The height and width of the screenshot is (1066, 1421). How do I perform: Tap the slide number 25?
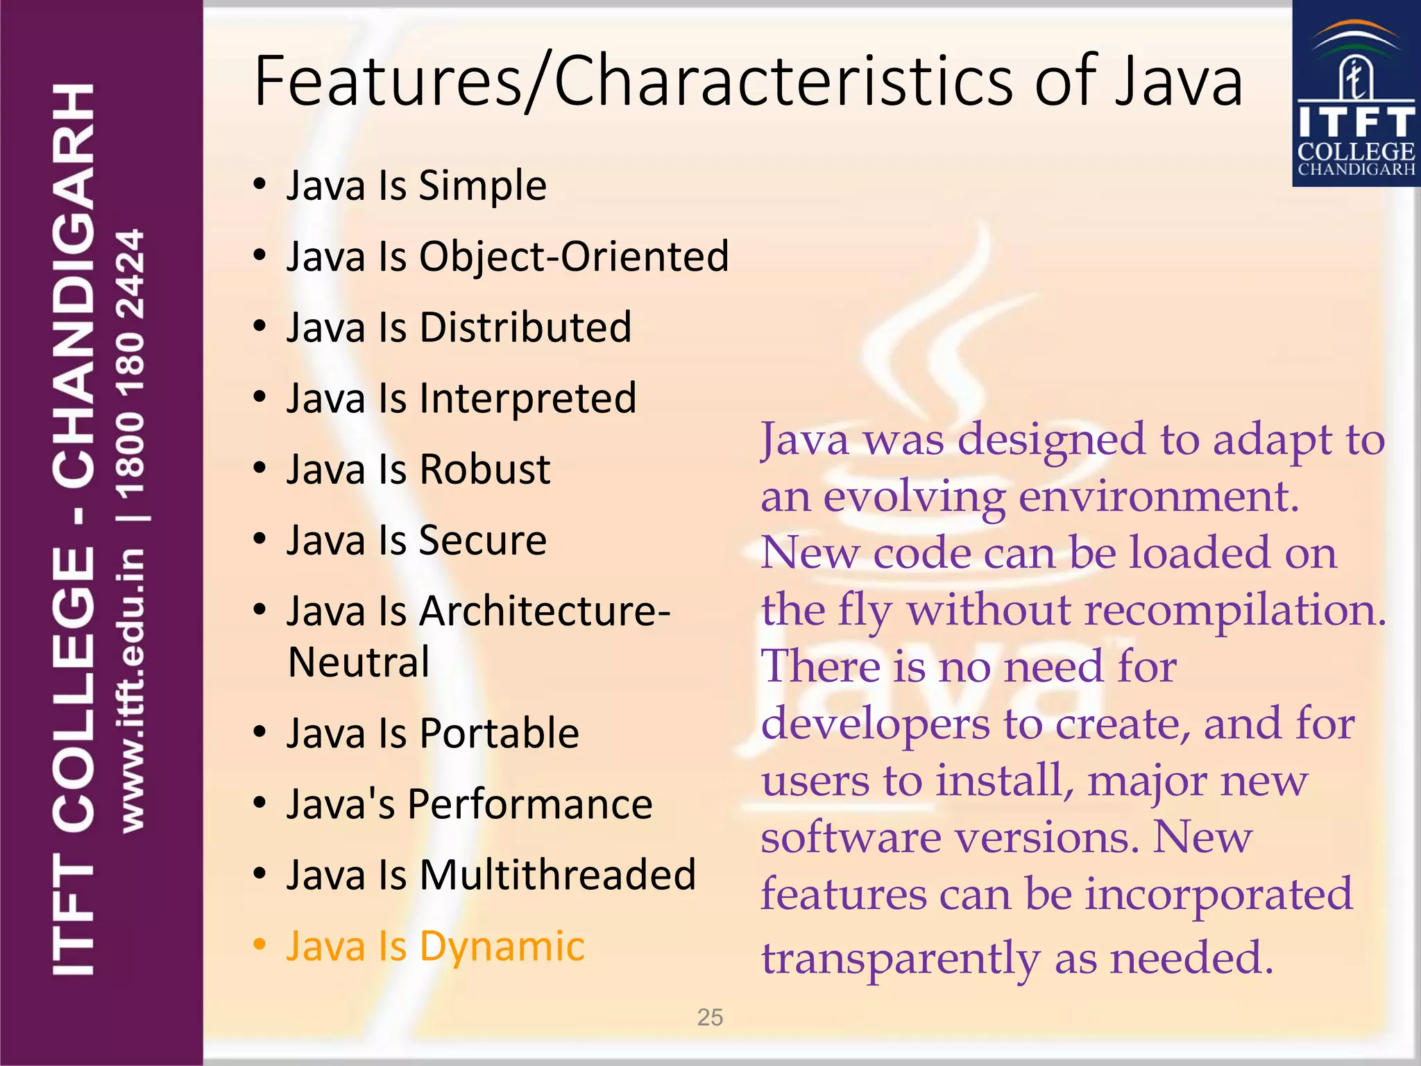click(710, 1017)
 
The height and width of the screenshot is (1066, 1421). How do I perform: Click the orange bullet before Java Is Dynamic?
click(259, 945)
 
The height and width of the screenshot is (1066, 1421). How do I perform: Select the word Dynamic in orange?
click(502, 947)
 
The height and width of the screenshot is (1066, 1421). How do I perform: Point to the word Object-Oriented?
click(574, 257)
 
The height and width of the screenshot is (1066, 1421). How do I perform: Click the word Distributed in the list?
click(525, 328)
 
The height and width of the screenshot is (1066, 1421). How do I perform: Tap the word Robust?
click(484, 470)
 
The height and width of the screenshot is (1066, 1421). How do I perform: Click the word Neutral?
click(359, 662)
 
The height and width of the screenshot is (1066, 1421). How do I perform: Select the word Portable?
click(499, 734)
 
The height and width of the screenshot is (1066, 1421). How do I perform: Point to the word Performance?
click(529, 804)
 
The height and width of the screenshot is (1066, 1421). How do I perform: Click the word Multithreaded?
click(557, 875)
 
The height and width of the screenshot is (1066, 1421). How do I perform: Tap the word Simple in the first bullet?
click(482, 186)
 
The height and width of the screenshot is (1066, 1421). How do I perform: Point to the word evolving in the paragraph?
click(914, 498)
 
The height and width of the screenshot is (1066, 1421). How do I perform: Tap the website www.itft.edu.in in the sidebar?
click(132, 691)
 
